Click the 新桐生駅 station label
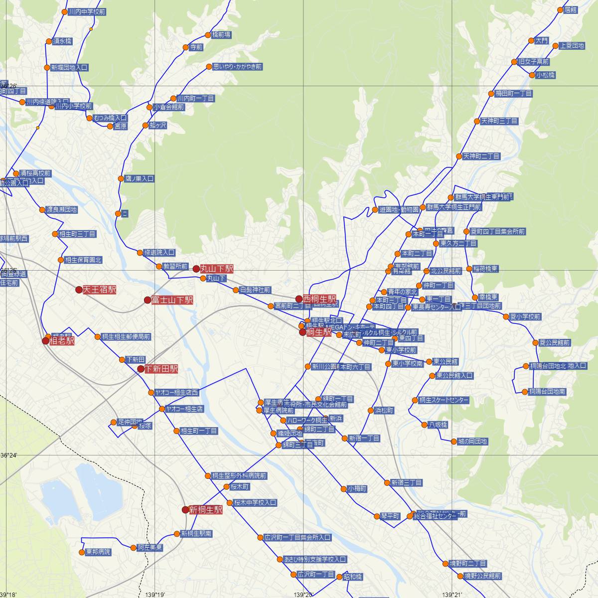(x=206, y=510)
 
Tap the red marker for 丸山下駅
(x=196, y=269)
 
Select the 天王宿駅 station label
(x=99, y=290)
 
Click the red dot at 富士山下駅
(x=148, y=300)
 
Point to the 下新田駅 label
(x=161, y=369)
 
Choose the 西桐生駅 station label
(x=319, y=299)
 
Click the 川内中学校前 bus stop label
(x=87, y=11)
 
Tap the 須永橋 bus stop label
(x=62, y=41)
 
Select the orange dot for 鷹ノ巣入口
(x=121, y=178)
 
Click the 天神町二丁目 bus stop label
(x=481, y=156)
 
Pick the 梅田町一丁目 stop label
(x=513, y=93)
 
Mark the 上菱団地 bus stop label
(x=572, y=45)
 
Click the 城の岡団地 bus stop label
(x=472, y=442)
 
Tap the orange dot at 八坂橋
(x=425, y=425)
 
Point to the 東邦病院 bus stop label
(x=98, y=552)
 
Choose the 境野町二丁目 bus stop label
(x=468, y=564)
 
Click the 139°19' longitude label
(x=155, y=595)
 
